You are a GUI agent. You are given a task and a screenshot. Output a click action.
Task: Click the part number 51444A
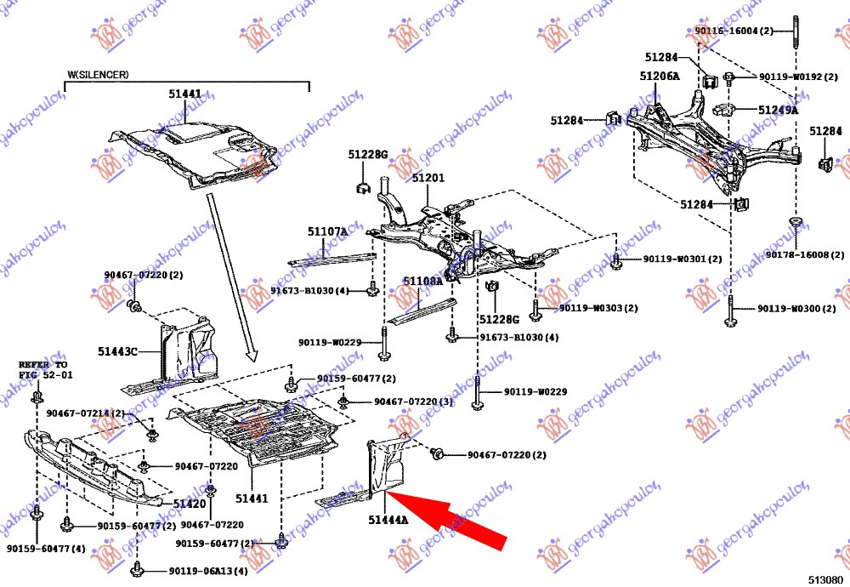388,519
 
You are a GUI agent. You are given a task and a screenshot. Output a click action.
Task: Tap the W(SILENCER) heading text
99,75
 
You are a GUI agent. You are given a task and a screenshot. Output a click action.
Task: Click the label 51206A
660,77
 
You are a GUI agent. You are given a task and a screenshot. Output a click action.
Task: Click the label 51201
428,179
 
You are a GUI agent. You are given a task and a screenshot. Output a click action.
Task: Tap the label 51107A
327,231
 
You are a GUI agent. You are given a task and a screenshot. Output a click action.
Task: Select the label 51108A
422,281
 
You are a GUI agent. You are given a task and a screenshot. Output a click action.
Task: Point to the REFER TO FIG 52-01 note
42,369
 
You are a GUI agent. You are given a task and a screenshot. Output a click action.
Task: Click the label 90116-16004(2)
734,31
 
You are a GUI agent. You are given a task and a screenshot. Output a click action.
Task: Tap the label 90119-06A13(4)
207,571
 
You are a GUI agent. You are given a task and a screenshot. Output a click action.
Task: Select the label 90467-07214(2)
85,413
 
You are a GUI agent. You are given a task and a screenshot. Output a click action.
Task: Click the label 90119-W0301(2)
682,259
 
